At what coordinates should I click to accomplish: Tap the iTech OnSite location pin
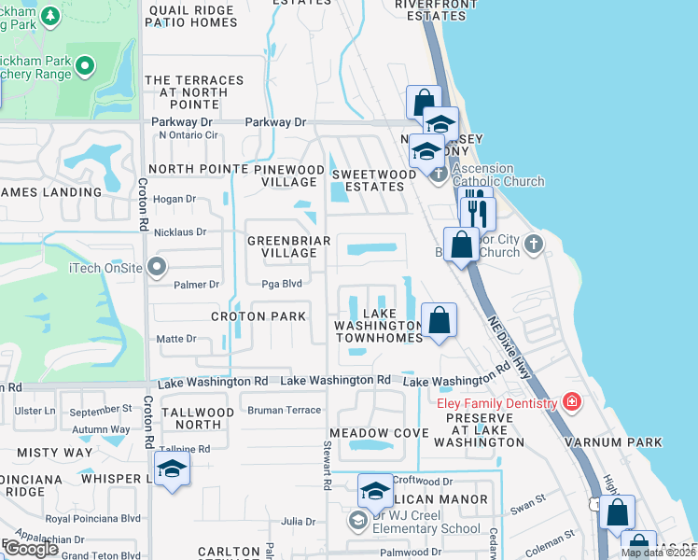(157, 268)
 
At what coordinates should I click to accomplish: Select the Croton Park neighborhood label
(258, 316)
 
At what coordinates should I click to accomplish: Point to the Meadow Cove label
(378, 433)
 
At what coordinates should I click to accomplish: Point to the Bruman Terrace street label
(285, 410)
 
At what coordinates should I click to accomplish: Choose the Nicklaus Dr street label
(181, 231)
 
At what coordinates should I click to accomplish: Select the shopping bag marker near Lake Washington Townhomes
(439, 321)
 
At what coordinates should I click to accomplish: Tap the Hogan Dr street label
(174, 199)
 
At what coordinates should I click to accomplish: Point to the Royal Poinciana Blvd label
(93, 518)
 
